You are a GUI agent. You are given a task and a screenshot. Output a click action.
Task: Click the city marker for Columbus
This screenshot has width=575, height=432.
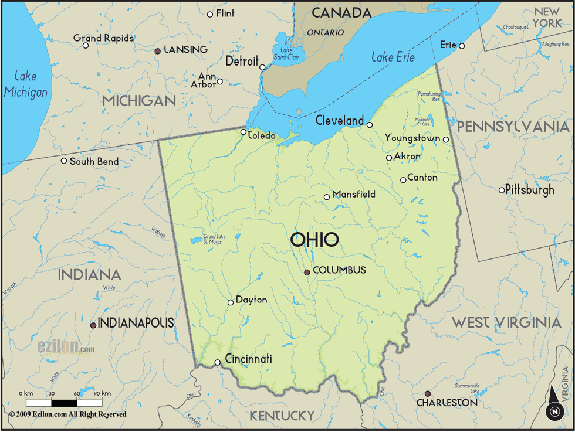[x=307, y=272]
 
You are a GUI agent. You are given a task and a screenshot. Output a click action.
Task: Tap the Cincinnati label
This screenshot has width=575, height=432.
[x=248, y=359]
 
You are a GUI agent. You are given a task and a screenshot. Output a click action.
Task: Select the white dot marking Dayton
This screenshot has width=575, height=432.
[x=231, y=302]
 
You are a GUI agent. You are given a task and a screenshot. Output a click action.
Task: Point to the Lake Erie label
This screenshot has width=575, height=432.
[x=393, y=57]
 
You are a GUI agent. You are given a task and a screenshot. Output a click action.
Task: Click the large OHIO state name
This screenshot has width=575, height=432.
[x=314, y=239]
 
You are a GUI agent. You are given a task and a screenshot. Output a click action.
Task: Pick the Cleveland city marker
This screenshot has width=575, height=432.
[x=370, y=124]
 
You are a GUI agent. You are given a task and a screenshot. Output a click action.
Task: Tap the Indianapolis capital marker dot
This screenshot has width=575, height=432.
[x=93, y=325]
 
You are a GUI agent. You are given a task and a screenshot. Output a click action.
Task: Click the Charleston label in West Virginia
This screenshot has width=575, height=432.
[x=447, y=403]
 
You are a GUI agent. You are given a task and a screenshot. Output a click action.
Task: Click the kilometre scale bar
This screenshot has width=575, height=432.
[x=65, y=403]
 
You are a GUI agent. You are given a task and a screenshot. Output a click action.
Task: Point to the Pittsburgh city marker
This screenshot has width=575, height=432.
[x=502, y=190]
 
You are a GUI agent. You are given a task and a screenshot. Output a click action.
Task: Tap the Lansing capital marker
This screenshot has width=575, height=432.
[x=157, y=51]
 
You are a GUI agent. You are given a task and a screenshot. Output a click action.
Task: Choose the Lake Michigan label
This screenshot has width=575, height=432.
[x=25, y=84]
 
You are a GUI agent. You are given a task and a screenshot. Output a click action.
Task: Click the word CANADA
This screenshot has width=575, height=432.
[x=341, y=13]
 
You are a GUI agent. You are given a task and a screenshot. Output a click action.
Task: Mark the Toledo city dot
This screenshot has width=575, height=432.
[x=243, y=132]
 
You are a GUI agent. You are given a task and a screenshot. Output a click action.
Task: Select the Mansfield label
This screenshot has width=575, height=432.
[x=353, y=194]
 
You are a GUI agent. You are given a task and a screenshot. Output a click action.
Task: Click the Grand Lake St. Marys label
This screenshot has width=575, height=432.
[x=212, y=239]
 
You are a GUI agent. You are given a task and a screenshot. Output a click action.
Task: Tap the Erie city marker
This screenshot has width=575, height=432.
[x=462, y=46]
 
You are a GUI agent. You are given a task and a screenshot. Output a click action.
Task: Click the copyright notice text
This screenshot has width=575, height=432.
[x=67, y=414]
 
